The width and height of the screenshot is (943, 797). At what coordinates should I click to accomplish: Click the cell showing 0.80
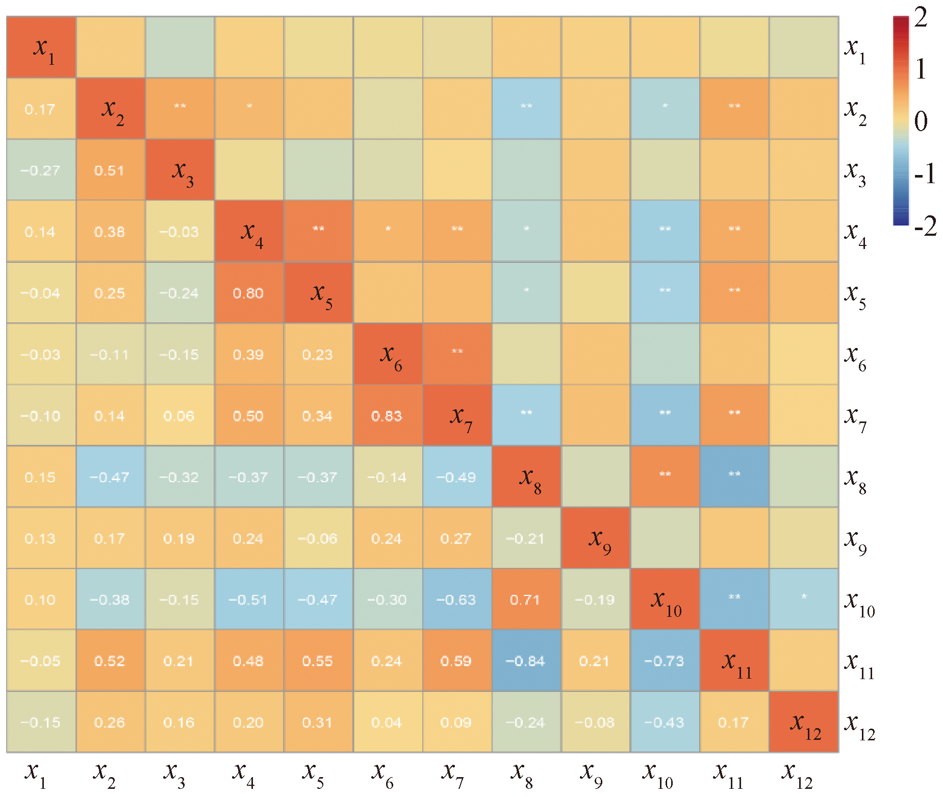[248, 293]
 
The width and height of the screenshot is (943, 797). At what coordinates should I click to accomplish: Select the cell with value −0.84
[525, 661]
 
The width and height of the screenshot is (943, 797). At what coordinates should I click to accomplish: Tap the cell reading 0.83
[387, 416]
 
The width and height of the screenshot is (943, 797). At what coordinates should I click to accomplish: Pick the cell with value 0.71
[525, 600]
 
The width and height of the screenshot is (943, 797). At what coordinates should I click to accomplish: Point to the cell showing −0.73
[664, 661]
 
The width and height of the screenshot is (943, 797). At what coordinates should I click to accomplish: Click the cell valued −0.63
[456, 600]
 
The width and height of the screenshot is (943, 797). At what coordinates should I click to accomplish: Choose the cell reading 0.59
[456, 661]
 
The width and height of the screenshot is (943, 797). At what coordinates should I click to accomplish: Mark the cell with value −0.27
[40, 170]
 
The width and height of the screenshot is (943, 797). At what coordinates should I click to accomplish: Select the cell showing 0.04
[387, 723]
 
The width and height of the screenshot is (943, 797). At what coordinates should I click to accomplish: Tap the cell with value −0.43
[664, 723]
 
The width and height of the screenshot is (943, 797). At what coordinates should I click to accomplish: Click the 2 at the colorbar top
[921, 18]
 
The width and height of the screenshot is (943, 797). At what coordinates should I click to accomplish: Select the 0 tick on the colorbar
[921, 121]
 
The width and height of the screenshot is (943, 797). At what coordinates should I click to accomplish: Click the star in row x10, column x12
[804, 596]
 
